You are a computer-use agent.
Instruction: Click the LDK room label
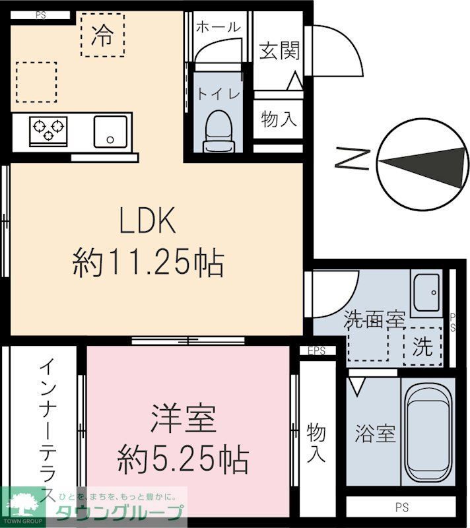pos(147,222)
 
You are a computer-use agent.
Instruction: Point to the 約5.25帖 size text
pos(184,457)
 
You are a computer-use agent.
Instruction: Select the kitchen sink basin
pos(110,131)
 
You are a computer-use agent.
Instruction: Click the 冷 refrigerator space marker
pos(102,34)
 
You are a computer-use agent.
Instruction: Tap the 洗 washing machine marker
pos(422,345)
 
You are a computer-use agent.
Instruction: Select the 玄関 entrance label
pos(279,49)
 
